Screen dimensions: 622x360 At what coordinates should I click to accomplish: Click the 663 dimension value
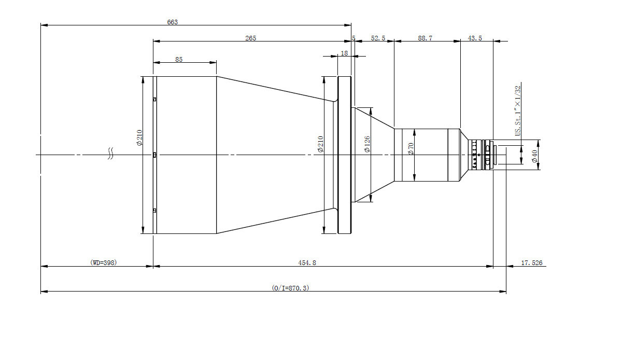173,22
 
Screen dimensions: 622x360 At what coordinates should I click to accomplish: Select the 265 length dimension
250,38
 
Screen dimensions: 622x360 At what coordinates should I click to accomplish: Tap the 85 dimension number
179,59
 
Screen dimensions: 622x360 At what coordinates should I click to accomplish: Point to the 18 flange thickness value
344,53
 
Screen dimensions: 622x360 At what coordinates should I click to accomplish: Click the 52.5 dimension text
378,38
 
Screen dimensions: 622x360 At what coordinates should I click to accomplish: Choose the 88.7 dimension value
425,38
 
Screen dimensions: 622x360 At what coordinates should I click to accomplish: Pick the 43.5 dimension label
475,38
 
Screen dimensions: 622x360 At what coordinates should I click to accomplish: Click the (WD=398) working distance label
104,262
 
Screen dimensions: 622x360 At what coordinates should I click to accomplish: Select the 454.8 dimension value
307,262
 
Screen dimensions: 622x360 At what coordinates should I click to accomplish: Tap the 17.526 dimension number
531,262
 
